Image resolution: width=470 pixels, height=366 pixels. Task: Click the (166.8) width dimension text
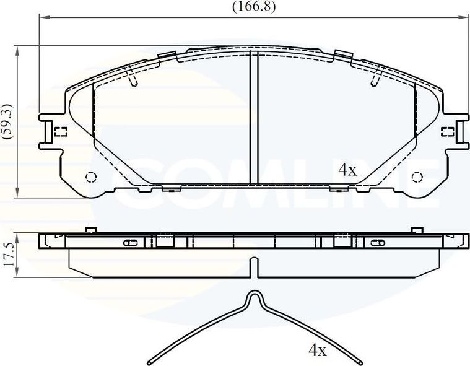253,7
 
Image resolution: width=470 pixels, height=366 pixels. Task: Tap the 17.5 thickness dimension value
8,254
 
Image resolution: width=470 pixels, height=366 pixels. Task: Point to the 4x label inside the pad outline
347,170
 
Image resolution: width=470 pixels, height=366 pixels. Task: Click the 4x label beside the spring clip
317,351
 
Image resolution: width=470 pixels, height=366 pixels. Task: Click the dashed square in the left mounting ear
61,131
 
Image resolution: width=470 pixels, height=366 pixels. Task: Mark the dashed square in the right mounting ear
446,131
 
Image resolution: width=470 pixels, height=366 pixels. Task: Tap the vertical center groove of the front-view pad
253,118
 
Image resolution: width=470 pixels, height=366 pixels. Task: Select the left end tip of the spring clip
149,360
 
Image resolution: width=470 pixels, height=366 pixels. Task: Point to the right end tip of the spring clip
359,360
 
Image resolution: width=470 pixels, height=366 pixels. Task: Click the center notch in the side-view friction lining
253,266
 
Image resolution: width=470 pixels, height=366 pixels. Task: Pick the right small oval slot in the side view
375,242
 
